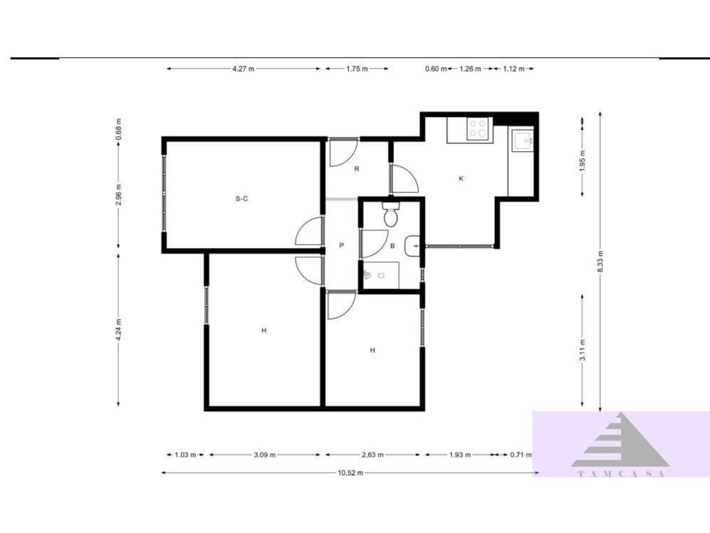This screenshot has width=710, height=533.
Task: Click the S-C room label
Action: [x=242, y=199]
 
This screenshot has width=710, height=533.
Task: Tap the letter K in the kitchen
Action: [x=461, y=178]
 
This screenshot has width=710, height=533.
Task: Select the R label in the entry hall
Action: [x=357, y=169]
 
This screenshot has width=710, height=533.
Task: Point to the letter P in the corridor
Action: [x=341, y=245]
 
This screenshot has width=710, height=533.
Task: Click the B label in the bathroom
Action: [x=392, y=246]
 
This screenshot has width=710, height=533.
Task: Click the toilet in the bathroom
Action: [x=390, y=214]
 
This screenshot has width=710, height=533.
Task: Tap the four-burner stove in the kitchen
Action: [x=479, y=128]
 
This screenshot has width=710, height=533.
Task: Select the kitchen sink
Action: [x=523, y=140]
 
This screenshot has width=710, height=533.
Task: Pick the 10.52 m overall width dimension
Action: [x=351, y=473]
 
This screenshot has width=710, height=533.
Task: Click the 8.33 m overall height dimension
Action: [x=600, y=262]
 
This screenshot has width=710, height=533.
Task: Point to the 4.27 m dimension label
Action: [x=244, y=69]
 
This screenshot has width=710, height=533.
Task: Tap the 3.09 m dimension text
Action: [x=265, y=455]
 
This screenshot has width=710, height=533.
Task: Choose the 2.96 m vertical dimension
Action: [x=118, y=194]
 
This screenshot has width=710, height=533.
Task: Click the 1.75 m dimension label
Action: [x=357, y=69]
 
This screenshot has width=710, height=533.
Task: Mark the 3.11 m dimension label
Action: [x=582, y=350]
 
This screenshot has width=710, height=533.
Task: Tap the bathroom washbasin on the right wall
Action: [x=412, y=246]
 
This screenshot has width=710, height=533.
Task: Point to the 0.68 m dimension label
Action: [x=118, y=129]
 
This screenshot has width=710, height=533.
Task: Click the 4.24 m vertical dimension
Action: [x=118, y=329]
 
